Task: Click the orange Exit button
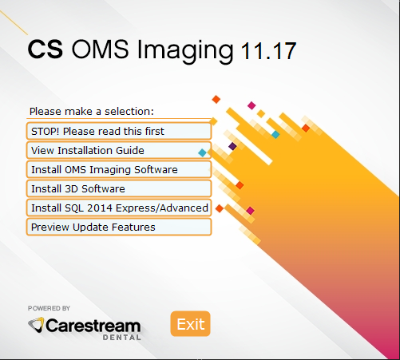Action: [190, 323]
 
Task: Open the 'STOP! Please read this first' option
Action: [119, 131]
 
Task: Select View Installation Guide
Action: [119, 150]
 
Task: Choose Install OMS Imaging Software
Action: [119, 169]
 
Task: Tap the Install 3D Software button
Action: [119, 188]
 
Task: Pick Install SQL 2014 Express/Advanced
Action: [119, 208]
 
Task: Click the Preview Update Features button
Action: [119, 227]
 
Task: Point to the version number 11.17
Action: [268, 50]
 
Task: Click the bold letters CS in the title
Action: [46, 49]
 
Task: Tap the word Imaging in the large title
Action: [185, 51]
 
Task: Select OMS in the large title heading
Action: [100, 49]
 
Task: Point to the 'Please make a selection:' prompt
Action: [92, 111]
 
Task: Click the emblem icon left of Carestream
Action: [36, 324]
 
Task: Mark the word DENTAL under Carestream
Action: [122, 338]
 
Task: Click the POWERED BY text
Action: [49, 308]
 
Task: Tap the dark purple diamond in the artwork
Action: [232, 146]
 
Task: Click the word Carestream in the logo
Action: [93, 326]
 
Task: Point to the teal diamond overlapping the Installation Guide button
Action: [203, 152]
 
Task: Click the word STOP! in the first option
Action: [46, 131]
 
